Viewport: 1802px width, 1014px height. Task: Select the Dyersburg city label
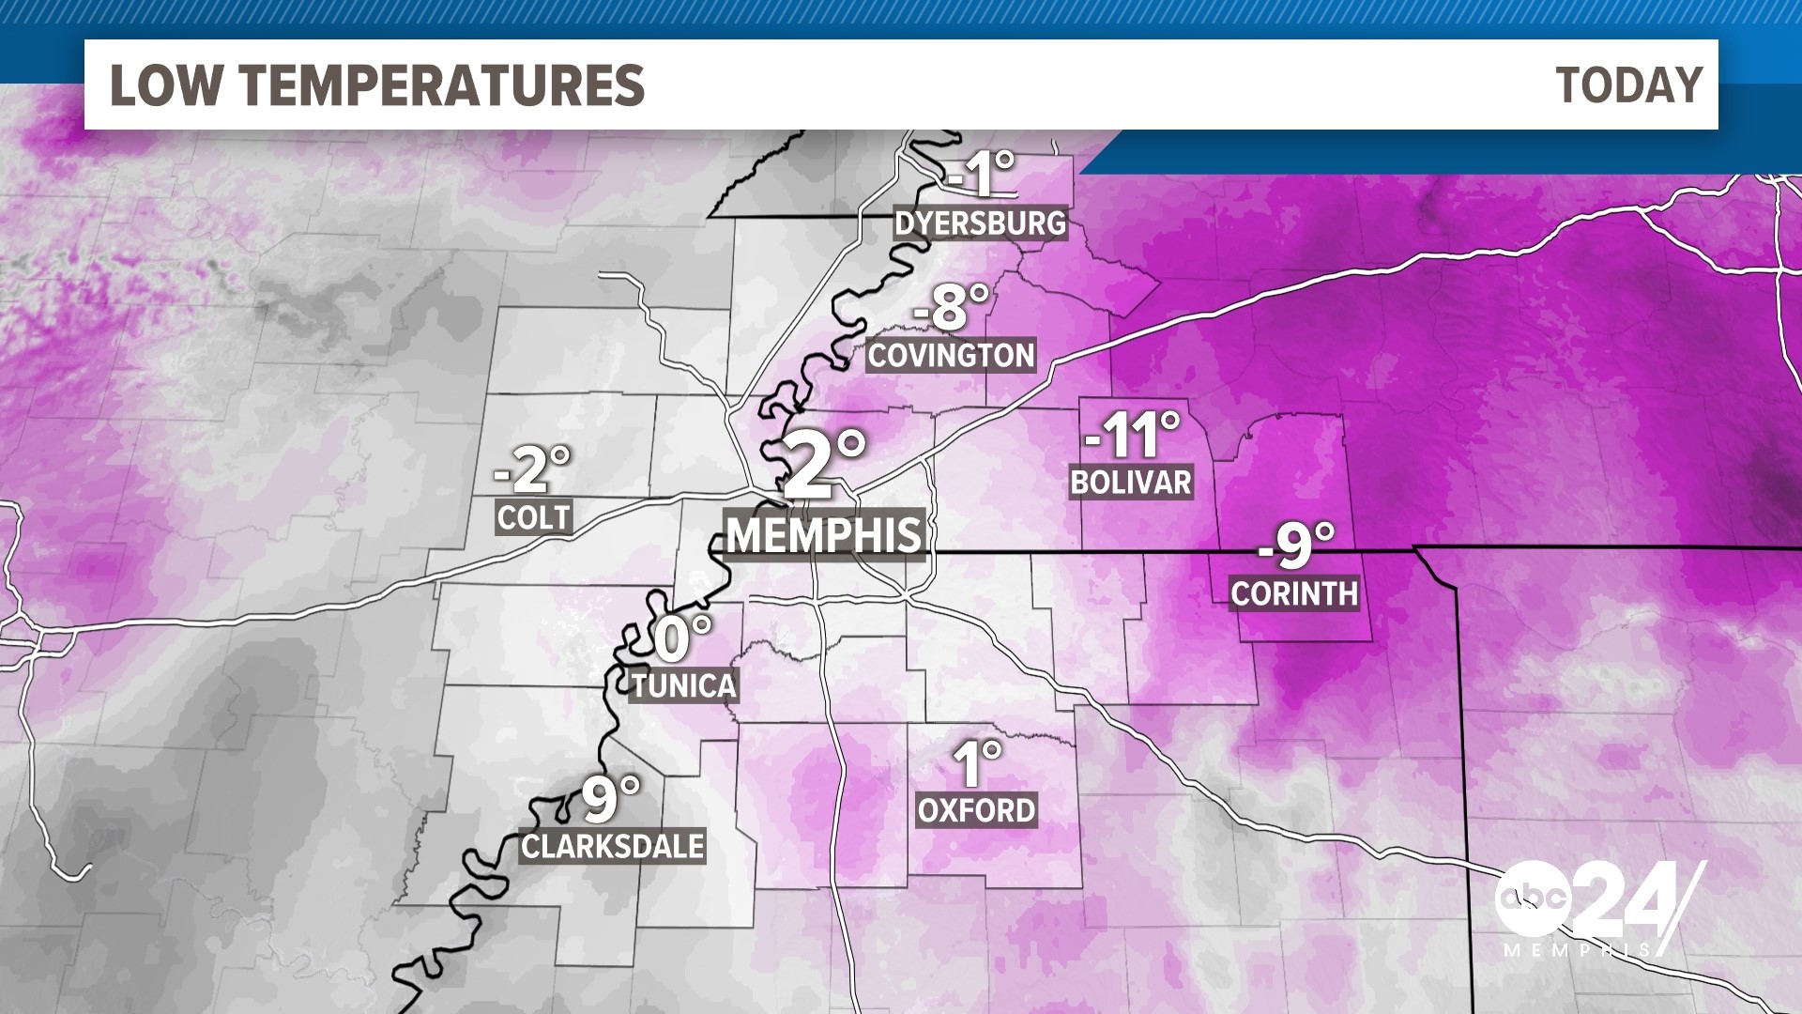pos(981,223)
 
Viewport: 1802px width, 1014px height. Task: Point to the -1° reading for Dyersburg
pos(981,174)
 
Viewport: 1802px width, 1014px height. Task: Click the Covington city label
pos(951,356)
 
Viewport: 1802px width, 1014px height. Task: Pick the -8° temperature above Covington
pos(951,307)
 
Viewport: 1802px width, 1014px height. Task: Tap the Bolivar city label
pos(1131,483)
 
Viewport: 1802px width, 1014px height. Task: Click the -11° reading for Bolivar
pos(1131,435)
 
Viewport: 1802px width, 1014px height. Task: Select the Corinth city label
pos(1294,593)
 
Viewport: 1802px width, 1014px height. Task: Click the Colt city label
pos(533,517)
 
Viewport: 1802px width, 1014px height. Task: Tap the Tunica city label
pos(683,685)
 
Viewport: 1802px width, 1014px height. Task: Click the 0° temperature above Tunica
pos(682,638)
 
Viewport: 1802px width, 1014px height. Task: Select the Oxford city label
pos(976,810)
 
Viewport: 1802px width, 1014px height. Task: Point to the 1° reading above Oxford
pos(976,762)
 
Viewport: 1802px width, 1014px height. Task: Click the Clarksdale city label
pos(613,847)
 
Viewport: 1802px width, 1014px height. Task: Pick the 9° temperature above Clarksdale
pos(610,798)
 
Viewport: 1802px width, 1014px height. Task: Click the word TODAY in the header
pos(1628,85)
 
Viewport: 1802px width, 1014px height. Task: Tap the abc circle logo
pos(1532,899)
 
